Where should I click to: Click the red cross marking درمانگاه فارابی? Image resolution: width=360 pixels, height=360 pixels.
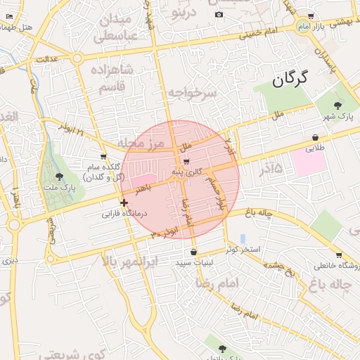124,202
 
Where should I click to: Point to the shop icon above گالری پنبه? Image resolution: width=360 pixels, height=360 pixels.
186,162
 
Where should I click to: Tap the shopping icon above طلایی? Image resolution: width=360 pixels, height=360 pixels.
315,138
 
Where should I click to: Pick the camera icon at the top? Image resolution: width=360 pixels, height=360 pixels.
219,14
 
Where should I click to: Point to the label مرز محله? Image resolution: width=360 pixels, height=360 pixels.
141,143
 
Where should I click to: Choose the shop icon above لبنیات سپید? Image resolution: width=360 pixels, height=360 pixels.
193,252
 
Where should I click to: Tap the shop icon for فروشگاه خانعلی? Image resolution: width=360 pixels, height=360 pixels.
339,255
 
